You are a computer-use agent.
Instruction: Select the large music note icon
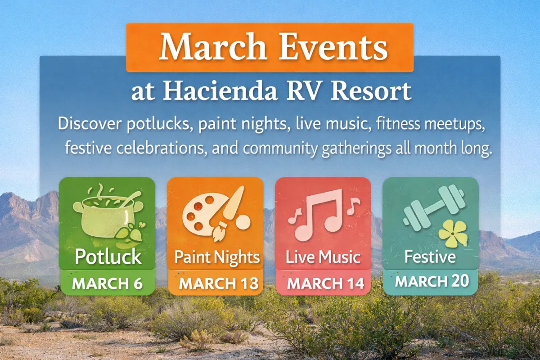pos(319,214)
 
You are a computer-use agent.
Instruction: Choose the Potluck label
pos(108,257)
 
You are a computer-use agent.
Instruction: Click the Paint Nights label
pos(217,258)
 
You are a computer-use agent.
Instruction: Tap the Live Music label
pos(323,258)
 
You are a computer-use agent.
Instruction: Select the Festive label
pos(430,257)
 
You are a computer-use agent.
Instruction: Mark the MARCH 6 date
pos(108,284)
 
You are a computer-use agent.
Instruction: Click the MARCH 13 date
pos(219,284)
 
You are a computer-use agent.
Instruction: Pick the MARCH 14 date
pos(323,284)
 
